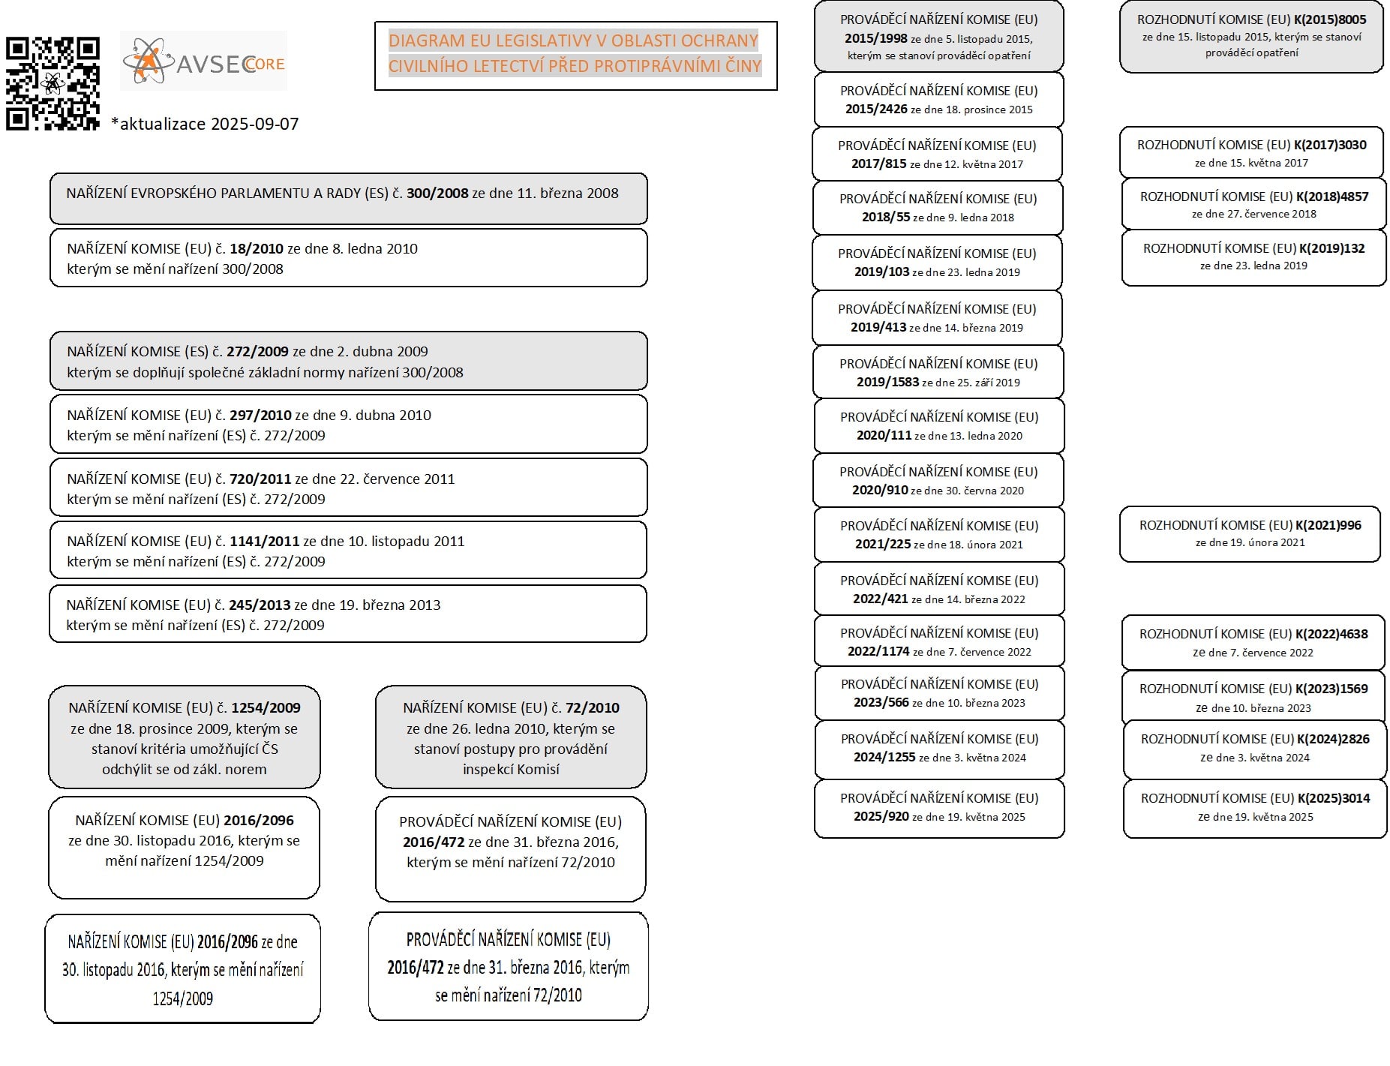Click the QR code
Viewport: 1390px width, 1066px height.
point(53,83)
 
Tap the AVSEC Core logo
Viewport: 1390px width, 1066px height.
point(203,62)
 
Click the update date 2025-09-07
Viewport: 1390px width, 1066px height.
point(205,125)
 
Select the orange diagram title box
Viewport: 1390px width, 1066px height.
point(575,56)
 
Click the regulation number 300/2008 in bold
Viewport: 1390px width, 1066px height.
point(437,194)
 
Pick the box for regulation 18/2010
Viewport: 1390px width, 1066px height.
point(348,258)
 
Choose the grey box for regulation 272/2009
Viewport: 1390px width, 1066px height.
point(348,361)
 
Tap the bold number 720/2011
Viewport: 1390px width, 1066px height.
point(260,479)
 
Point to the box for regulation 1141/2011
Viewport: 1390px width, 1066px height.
point(348,551)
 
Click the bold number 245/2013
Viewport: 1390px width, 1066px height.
point(260,605)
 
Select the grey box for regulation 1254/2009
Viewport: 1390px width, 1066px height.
point(185,737)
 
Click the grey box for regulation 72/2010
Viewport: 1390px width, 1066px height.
point(511,737)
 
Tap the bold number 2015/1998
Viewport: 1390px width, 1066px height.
point(875,38)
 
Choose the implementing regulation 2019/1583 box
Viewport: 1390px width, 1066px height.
point(938,372)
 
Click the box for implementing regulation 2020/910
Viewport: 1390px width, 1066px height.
point(938,480)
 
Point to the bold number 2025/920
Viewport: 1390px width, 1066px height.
point(881,817)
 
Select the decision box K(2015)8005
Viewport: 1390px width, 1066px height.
point(1251,36)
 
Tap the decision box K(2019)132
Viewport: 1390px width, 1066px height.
point(1253,257)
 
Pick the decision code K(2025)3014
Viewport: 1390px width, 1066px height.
point(1333,799)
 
